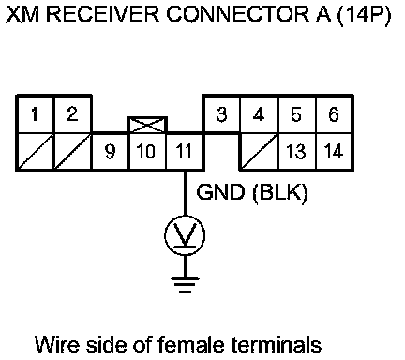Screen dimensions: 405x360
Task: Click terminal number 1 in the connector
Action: [x=35, y=114]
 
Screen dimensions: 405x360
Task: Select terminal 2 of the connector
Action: [x=73, y=114]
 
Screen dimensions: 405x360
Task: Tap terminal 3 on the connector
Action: [x=221, y=114]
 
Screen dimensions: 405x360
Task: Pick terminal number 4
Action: [x=259, y=114]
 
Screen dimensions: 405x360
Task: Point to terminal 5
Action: [x=296, y=114]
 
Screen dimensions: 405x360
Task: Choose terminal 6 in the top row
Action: [x=334, y=114]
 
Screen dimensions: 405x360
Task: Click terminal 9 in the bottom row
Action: [x=110, y=152]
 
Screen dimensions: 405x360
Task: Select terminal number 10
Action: [x=147, y=152]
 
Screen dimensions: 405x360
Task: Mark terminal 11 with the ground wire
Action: [x=185, y=152]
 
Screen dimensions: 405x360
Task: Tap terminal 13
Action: [x=296, y=152]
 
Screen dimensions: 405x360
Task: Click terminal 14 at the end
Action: [x=334, y=152]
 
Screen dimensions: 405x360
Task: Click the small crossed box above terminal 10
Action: [x=147, y=125]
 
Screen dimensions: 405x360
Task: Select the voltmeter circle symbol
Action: [x=185, y=216]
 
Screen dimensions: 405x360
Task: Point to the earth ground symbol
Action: [x=185, y=284]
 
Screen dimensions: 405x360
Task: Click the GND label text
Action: [x=220, y=191]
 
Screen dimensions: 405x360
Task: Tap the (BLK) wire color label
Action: [x=280, y=192]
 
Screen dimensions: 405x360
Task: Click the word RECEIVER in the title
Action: [x=103, y=14]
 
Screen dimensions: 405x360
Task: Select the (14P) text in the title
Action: [x=364, y=15]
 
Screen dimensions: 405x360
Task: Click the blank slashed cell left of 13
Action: [x=259, y=152]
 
